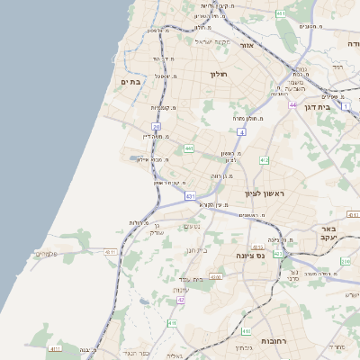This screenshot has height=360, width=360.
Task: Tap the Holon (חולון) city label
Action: pos(220,74)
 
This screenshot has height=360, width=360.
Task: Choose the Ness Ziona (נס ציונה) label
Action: pos(249,256)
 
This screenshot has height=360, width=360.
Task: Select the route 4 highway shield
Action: pos(242,132)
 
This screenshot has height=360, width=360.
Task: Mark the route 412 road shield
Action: pos(264,160)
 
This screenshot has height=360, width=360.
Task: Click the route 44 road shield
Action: pos(293,105)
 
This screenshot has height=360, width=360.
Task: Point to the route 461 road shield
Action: pos(282,14)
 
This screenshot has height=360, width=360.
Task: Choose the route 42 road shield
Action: pos(180,300)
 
